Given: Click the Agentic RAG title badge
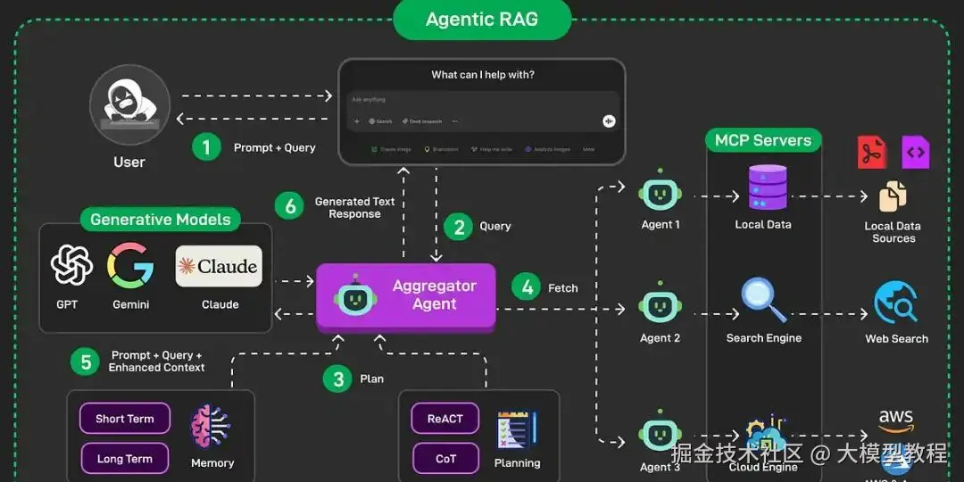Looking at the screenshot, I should coord(482,19).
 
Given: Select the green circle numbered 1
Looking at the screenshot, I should coord(206,147).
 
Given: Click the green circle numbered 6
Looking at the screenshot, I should coord(290,207).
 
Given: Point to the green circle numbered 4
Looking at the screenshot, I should coord(528,287).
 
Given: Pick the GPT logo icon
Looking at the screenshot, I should coord(71,265).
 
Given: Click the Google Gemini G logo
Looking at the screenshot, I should coord(130,265).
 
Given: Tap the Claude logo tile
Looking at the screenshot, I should coord(219,266).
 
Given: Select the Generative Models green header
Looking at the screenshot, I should coord(161,219).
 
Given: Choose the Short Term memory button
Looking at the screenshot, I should coord(125,419).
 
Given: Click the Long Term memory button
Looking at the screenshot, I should coord(125,459).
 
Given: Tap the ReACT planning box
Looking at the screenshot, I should coord(445,419).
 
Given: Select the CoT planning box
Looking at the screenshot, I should coord(445,459).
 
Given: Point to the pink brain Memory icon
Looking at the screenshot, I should coord(212,427).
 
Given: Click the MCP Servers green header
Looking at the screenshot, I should coord(763,140).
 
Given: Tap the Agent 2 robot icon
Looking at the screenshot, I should coord(661,306).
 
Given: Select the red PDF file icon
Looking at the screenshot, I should coord(871,153).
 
